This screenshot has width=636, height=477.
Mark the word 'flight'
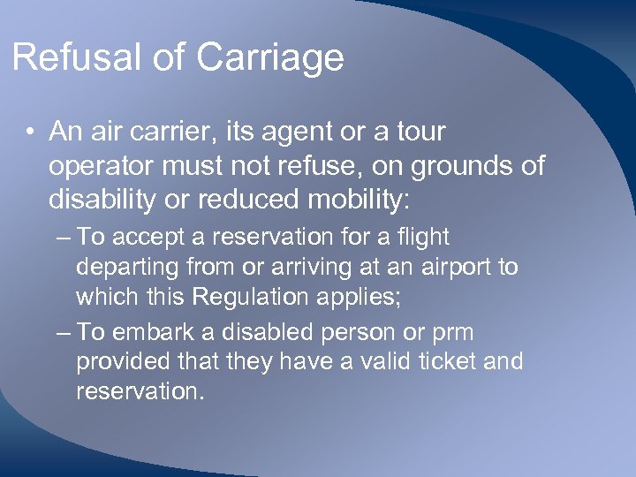tap(423, 238)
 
